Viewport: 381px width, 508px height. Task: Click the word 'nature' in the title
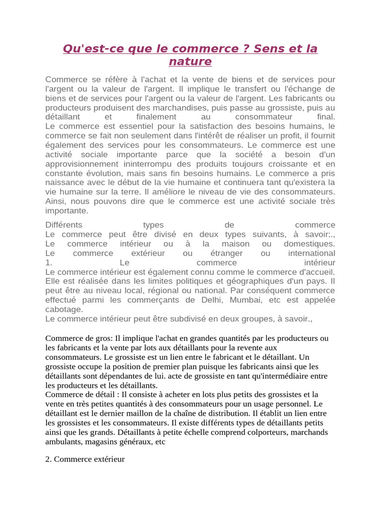[190, 62]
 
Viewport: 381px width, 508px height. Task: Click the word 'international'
[312, 254]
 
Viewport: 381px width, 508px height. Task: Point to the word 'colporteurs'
[255, 432]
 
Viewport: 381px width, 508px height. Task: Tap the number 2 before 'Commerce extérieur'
[48, 459]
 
